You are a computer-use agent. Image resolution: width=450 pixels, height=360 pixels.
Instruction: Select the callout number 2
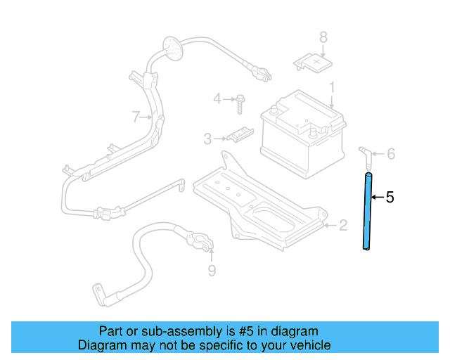(342, 225)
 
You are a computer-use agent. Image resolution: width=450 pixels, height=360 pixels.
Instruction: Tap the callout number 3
(207, 139)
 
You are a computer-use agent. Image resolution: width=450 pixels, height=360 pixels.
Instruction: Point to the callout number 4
(217, 98)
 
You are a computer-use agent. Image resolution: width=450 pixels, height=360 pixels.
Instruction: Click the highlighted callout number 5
(390, 198)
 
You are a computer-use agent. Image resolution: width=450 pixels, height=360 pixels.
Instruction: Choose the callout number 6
(392, 153)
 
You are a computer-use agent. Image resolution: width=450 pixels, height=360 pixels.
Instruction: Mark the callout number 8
(323, 37)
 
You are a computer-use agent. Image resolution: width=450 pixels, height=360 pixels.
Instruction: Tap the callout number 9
(212, 270)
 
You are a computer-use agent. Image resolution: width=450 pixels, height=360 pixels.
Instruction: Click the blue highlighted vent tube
(367, 211)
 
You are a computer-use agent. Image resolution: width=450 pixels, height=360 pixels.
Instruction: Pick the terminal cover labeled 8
(312, 64)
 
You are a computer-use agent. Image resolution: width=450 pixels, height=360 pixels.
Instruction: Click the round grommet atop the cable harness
(170, 49)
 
